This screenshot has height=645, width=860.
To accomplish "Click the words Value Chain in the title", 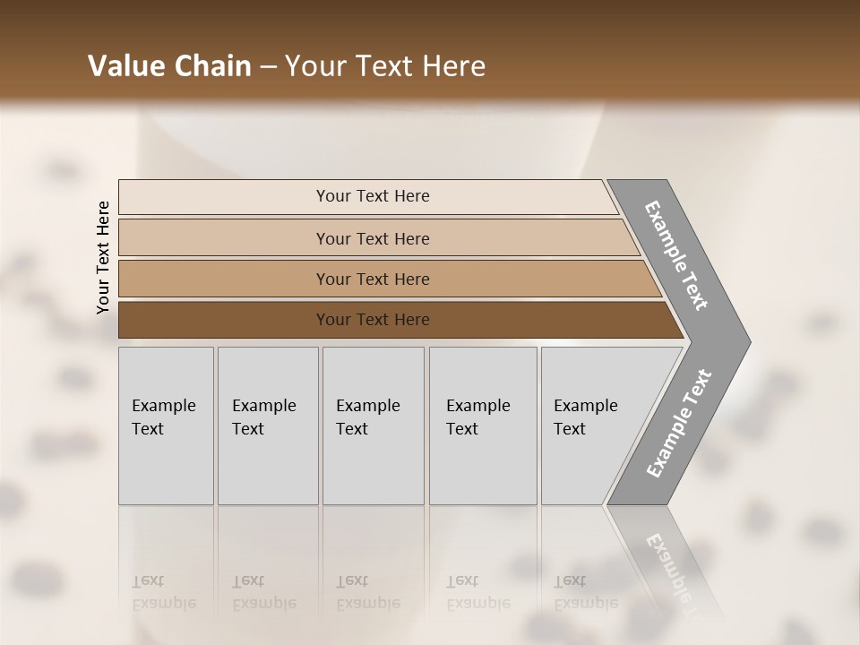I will point(169,65).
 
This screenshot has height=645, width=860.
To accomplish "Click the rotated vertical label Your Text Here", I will point(103,257).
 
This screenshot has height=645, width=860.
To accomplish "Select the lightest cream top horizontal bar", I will point(224,196).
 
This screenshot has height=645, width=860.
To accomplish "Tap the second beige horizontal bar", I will point(224,238).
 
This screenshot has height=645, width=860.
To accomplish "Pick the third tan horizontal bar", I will point(224,279).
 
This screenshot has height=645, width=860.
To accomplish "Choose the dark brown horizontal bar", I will point(224,320).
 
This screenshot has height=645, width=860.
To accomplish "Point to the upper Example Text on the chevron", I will point(676,255).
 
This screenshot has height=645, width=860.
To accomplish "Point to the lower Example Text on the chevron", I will point(679,423).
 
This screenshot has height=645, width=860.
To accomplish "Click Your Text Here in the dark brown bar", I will point(373,320).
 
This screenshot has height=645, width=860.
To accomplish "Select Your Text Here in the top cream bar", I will point(373,196).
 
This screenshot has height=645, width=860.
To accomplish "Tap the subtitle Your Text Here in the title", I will point(385,65).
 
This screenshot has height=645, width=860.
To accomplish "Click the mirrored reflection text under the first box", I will point(163,592).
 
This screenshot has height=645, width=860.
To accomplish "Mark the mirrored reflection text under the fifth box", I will point(585,592).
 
